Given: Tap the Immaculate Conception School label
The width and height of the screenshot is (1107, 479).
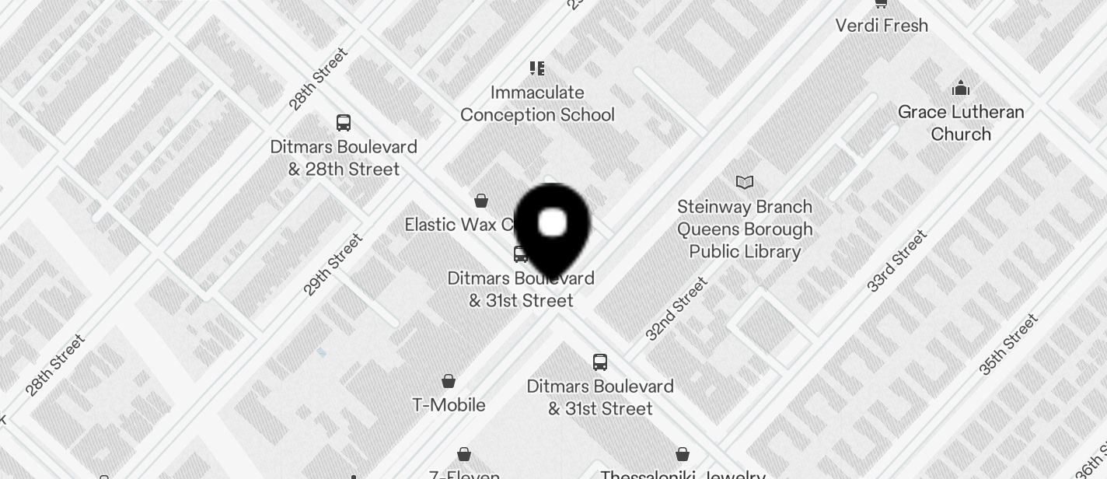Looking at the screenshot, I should tap(537, 103).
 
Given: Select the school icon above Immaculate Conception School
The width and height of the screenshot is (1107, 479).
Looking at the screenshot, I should tap(537, 68).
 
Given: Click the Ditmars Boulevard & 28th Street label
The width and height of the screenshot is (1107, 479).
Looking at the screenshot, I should tap(344, 158).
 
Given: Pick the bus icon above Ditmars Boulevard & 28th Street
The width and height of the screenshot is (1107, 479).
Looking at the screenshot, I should tap(344, 123).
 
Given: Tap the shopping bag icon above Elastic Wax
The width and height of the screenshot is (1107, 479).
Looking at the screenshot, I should tap(481, 201).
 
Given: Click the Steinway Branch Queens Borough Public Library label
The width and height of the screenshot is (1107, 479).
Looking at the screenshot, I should tap(745, 229).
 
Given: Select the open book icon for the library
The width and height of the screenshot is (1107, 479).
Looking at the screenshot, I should tap(745, 183).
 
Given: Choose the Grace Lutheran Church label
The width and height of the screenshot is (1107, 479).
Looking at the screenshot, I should tap(961, 123).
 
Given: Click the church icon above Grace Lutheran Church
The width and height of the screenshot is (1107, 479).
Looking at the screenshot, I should tap(961, 87).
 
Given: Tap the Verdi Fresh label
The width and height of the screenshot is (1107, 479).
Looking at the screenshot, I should tap(882, 26).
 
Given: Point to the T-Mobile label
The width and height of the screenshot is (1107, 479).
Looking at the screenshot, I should tap(449, 405).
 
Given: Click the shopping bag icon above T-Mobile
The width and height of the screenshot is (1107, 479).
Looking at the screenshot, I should tap(449, 381).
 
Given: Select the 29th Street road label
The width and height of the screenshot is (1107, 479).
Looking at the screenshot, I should tap(333, 264).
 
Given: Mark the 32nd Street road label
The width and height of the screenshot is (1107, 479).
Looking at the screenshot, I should tap(676, 309).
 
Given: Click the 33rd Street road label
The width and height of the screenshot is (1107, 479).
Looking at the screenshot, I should tap(897, 260).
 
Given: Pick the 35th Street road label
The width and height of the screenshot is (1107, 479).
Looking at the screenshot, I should tap(1008, 344).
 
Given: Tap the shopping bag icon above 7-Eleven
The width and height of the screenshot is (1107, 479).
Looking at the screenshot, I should tap(464, 454).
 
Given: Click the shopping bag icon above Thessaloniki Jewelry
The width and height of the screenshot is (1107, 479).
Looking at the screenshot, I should tap(683, 454).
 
